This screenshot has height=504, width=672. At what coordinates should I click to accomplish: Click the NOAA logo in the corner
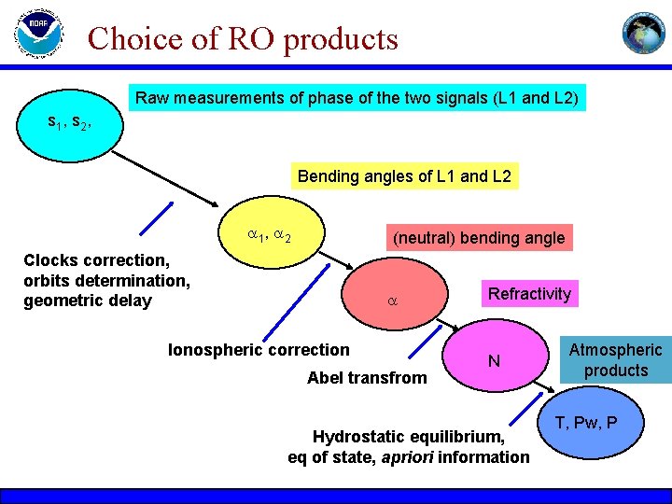click(x=38, y=35)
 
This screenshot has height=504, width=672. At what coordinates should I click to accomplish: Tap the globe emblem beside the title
click(x=646, y=33)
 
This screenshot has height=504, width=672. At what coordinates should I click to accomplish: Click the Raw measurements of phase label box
click(x=357, y=98)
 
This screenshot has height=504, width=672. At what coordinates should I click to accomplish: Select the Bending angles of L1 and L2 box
click(x=404, y=176)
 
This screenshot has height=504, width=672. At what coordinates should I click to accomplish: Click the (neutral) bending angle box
click(x=479, y=238)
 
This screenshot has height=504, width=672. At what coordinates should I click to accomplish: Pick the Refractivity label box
click(x=529, y=294)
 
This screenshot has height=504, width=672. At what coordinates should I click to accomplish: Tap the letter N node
click(x=495, y=361)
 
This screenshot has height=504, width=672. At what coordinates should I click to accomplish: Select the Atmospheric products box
click(x=615, y=360)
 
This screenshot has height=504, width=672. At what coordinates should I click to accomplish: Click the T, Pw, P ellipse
click(x=585, y=424)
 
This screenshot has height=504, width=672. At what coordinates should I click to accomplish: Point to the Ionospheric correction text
click(x=259, y=350)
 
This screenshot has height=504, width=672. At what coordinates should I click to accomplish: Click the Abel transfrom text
click(x=367, y=378)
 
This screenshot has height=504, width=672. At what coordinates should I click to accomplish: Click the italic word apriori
click(x=412, y=456)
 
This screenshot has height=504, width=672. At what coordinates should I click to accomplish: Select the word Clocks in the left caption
click(x=50, y=260)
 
